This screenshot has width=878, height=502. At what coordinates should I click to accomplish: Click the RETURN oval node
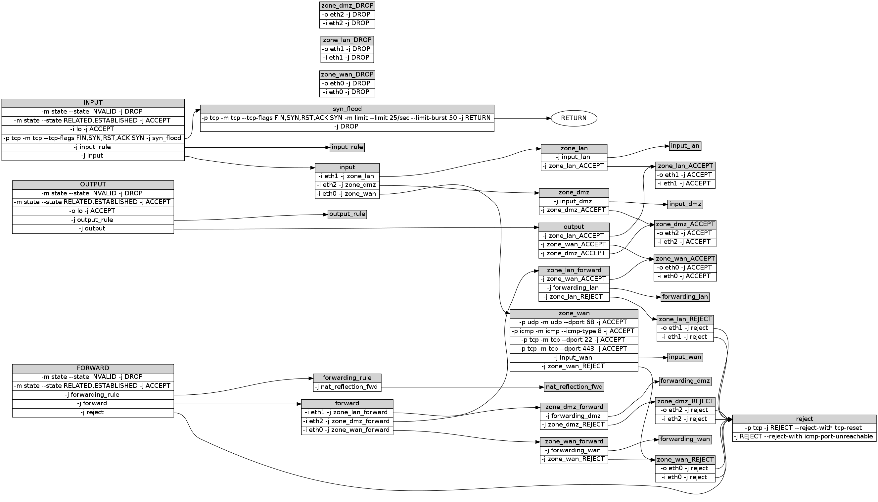point(574,118)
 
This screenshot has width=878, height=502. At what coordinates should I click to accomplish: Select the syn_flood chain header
point(347,109)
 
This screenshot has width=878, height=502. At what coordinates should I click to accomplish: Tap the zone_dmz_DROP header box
point(347,6)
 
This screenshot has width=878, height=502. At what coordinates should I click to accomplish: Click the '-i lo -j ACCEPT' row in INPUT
point(93,129)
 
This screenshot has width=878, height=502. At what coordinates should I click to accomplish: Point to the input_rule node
point(347,147)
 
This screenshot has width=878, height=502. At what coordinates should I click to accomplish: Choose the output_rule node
point(347,214)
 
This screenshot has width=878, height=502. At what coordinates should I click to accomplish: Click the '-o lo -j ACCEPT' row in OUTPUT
point(93,211)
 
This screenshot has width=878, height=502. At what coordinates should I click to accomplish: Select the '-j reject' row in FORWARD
point(93,412)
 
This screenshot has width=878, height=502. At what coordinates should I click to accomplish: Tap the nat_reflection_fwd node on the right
point(574,387)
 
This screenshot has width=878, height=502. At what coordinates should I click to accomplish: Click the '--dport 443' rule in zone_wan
point(574,349)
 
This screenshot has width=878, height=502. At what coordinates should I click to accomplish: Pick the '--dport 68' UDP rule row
point(574,323)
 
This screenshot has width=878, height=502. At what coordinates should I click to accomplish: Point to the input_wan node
point(685,357)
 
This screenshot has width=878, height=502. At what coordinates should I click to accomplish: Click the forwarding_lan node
point(685,297)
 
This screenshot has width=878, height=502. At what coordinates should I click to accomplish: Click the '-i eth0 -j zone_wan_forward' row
point(347,430)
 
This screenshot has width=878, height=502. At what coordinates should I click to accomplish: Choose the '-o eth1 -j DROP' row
point(347,49)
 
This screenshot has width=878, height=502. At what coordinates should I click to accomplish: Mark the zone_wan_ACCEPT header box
point(685,259)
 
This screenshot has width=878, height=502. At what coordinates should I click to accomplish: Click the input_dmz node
point(685,204)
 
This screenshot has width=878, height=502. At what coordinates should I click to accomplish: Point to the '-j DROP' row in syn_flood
point(347,126)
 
